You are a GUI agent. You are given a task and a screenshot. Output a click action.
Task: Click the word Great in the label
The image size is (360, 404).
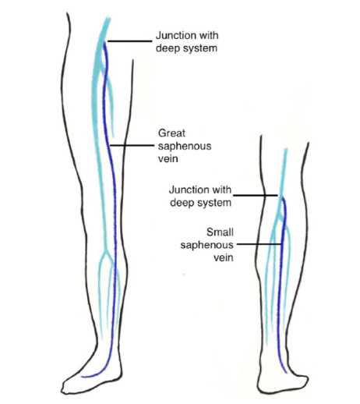[171, 133]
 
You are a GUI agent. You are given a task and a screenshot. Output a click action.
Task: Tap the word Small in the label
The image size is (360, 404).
[220, 232]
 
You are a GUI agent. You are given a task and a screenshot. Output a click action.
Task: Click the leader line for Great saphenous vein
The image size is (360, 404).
[132, 146]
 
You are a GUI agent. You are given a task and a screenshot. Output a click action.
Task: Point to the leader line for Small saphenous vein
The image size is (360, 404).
[259, 244]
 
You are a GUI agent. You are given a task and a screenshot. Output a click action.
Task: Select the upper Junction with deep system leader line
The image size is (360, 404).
[129, 41]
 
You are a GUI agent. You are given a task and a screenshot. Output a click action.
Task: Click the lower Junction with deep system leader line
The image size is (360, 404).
[256, 195]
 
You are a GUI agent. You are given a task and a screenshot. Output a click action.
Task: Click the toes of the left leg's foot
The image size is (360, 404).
[67, 388]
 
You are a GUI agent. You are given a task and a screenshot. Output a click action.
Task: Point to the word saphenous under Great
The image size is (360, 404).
[185, 147]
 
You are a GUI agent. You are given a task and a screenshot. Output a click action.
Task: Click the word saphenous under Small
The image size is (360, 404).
[207, 246]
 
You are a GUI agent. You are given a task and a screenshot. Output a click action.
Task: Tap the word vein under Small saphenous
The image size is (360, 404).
[224, 257]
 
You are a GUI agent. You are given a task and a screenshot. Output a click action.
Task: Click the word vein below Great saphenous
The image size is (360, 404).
[168, 158]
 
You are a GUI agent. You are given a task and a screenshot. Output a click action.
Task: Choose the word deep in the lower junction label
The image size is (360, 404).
[181, 203]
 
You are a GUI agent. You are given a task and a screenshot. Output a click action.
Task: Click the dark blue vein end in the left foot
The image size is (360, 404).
[82, 376]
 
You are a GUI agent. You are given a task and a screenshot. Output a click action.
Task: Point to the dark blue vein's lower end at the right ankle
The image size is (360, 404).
[286, 373]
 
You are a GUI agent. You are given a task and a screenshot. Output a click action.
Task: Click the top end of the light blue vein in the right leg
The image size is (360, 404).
[286, 149]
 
